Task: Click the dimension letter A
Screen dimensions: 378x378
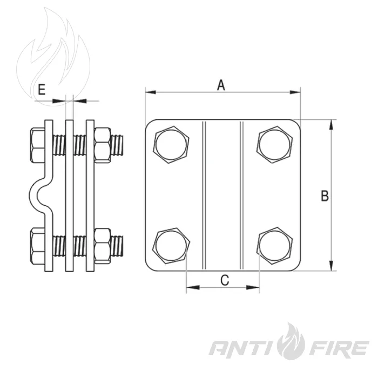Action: click(221, 85)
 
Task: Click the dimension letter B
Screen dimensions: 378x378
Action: click(325, 195)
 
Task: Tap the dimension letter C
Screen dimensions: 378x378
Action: click(225, 280)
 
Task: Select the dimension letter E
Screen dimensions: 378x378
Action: click(42, 90)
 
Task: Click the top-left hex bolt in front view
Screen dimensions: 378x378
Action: click(171, 144)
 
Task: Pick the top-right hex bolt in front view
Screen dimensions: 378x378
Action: click(274, 144)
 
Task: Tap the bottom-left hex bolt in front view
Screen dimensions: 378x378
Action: click(171, 246)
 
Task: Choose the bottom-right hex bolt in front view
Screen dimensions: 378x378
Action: click(274, 246)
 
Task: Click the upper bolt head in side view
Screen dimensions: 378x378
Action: click(38, 145)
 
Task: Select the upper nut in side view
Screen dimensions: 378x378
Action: click(103, 145)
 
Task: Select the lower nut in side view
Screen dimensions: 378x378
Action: click(103, 246)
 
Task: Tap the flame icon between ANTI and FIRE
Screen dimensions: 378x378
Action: click(291, 341)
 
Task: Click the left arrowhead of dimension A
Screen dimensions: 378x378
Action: click(151, 92)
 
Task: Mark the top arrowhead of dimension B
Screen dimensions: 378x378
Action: click(332, 125)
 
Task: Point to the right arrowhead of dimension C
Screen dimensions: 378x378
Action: click(254, 287)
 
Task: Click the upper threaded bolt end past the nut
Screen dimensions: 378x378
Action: click(117, 145)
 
